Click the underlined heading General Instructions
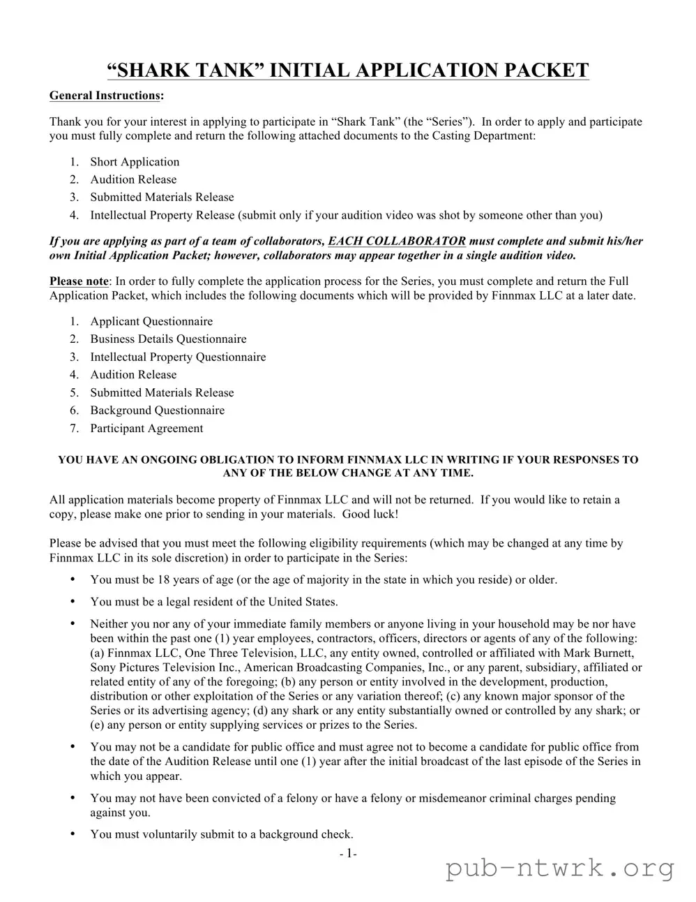pos(105,95)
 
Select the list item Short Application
pos(135,162)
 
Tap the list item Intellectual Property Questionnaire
pos(178,357)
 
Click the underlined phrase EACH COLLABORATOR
pos(397,241)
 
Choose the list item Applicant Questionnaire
pos(151,321)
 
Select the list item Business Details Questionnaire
pos(168,339)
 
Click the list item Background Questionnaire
pos(157,411)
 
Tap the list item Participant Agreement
pos(146,428)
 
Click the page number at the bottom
pos(348,853)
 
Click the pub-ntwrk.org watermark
pos(560,869)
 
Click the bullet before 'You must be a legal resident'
pos(73,602)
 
